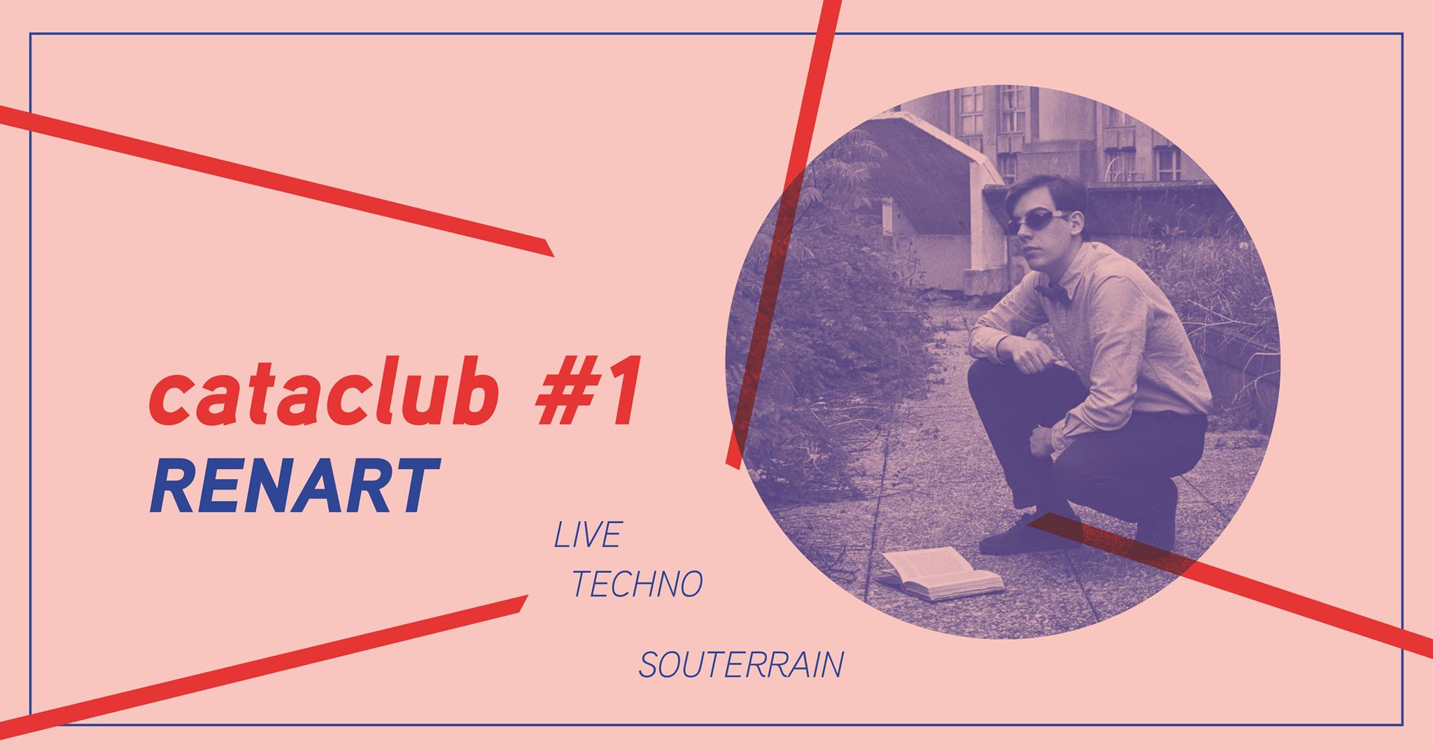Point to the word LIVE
pos(587,535)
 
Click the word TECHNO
pos(637,584)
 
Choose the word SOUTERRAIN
pos(740,665)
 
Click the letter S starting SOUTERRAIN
pos(647,666)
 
